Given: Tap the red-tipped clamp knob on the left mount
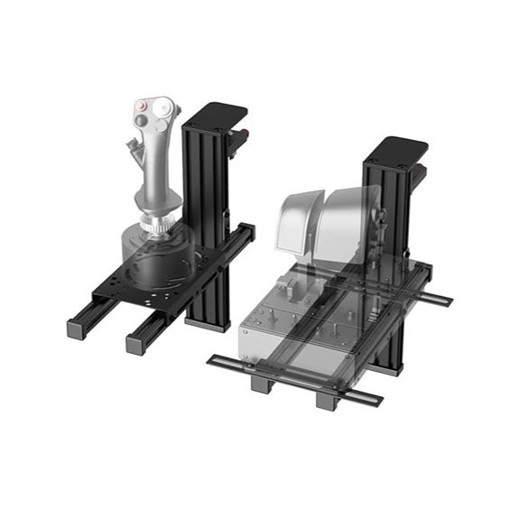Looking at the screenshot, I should tap(242, 137).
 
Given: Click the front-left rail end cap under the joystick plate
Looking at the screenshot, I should tap(77, 326).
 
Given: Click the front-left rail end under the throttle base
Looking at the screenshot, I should tap(260, 384).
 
